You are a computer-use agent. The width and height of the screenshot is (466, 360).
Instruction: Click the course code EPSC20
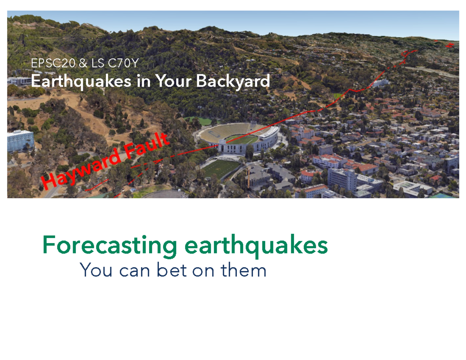pyautogui.click(x=53, y=64)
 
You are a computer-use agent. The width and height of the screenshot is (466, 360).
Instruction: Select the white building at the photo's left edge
pyautogui.click(x=20, y=141)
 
